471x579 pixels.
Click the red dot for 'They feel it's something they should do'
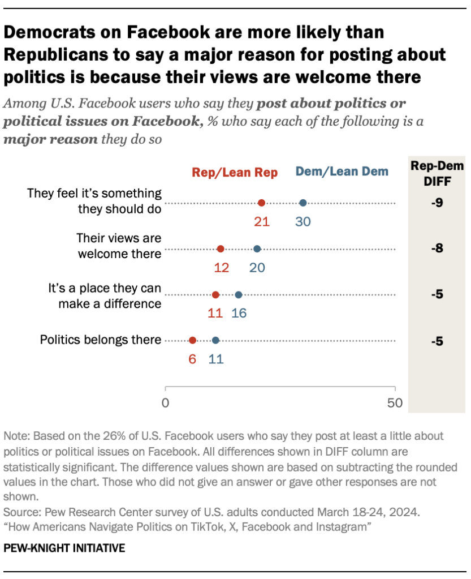pos(261,203)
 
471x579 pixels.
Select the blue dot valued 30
pos(303,203)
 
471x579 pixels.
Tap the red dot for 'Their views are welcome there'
pos(221,249)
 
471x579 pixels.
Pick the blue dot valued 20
pos(257,249)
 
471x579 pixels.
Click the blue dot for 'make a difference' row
pos(239,295)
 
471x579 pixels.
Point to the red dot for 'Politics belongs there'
pos(193,340)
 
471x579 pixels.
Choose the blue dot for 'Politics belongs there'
pos(215,340)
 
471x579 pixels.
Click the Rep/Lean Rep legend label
pos(235,173)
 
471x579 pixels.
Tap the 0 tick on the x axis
pos(166,404)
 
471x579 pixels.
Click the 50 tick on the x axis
pos(395,404)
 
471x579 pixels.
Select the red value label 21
pos(261,221)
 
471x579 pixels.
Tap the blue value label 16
pos(239,313)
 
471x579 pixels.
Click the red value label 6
pos(193,359)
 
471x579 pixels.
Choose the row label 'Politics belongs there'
pos(100,340)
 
